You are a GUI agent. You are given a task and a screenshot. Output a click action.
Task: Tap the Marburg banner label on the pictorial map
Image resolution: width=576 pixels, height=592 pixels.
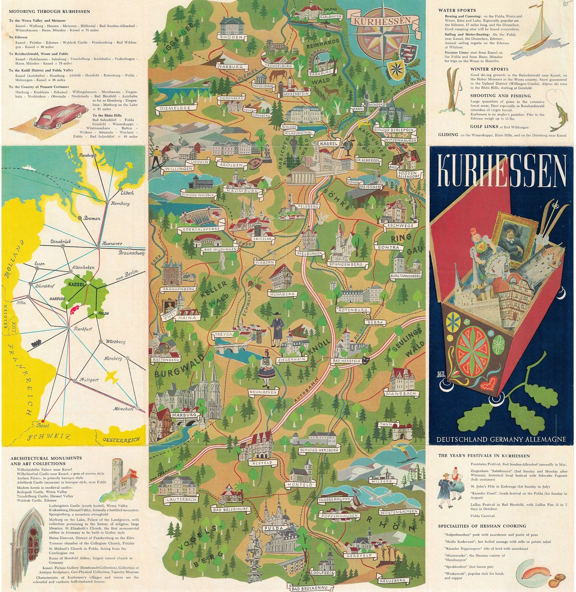(184, 415)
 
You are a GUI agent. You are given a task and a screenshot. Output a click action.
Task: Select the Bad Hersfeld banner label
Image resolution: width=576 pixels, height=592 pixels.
(347, 361)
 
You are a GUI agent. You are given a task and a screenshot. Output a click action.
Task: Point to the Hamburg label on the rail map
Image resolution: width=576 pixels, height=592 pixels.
(120, 204)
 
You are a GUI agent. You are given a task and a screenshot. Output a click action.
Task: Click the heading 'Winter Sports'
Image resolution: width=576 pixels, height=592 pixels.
(489, 69)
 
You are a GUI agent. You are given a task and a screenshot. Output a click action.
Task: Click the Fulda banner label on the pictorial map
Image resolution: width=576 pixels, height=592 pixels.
(274, 528)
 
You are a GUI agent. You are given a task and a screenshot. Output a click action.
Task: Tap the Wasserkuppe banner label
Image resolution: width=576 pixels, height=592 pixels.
(334, 500)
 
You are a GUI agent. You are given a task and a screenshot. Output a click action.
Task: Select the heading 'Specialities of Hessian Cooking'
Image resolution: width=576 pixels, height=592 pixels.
(482, 526)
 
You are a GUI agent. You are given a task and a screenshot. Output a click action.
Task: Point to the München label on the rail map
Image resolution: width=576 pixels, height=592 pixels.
(123, 409)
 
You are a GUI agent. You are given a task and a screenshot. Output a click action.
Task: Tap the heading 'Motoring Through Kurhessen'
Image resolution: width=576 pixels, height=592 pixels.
(49, 12)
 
